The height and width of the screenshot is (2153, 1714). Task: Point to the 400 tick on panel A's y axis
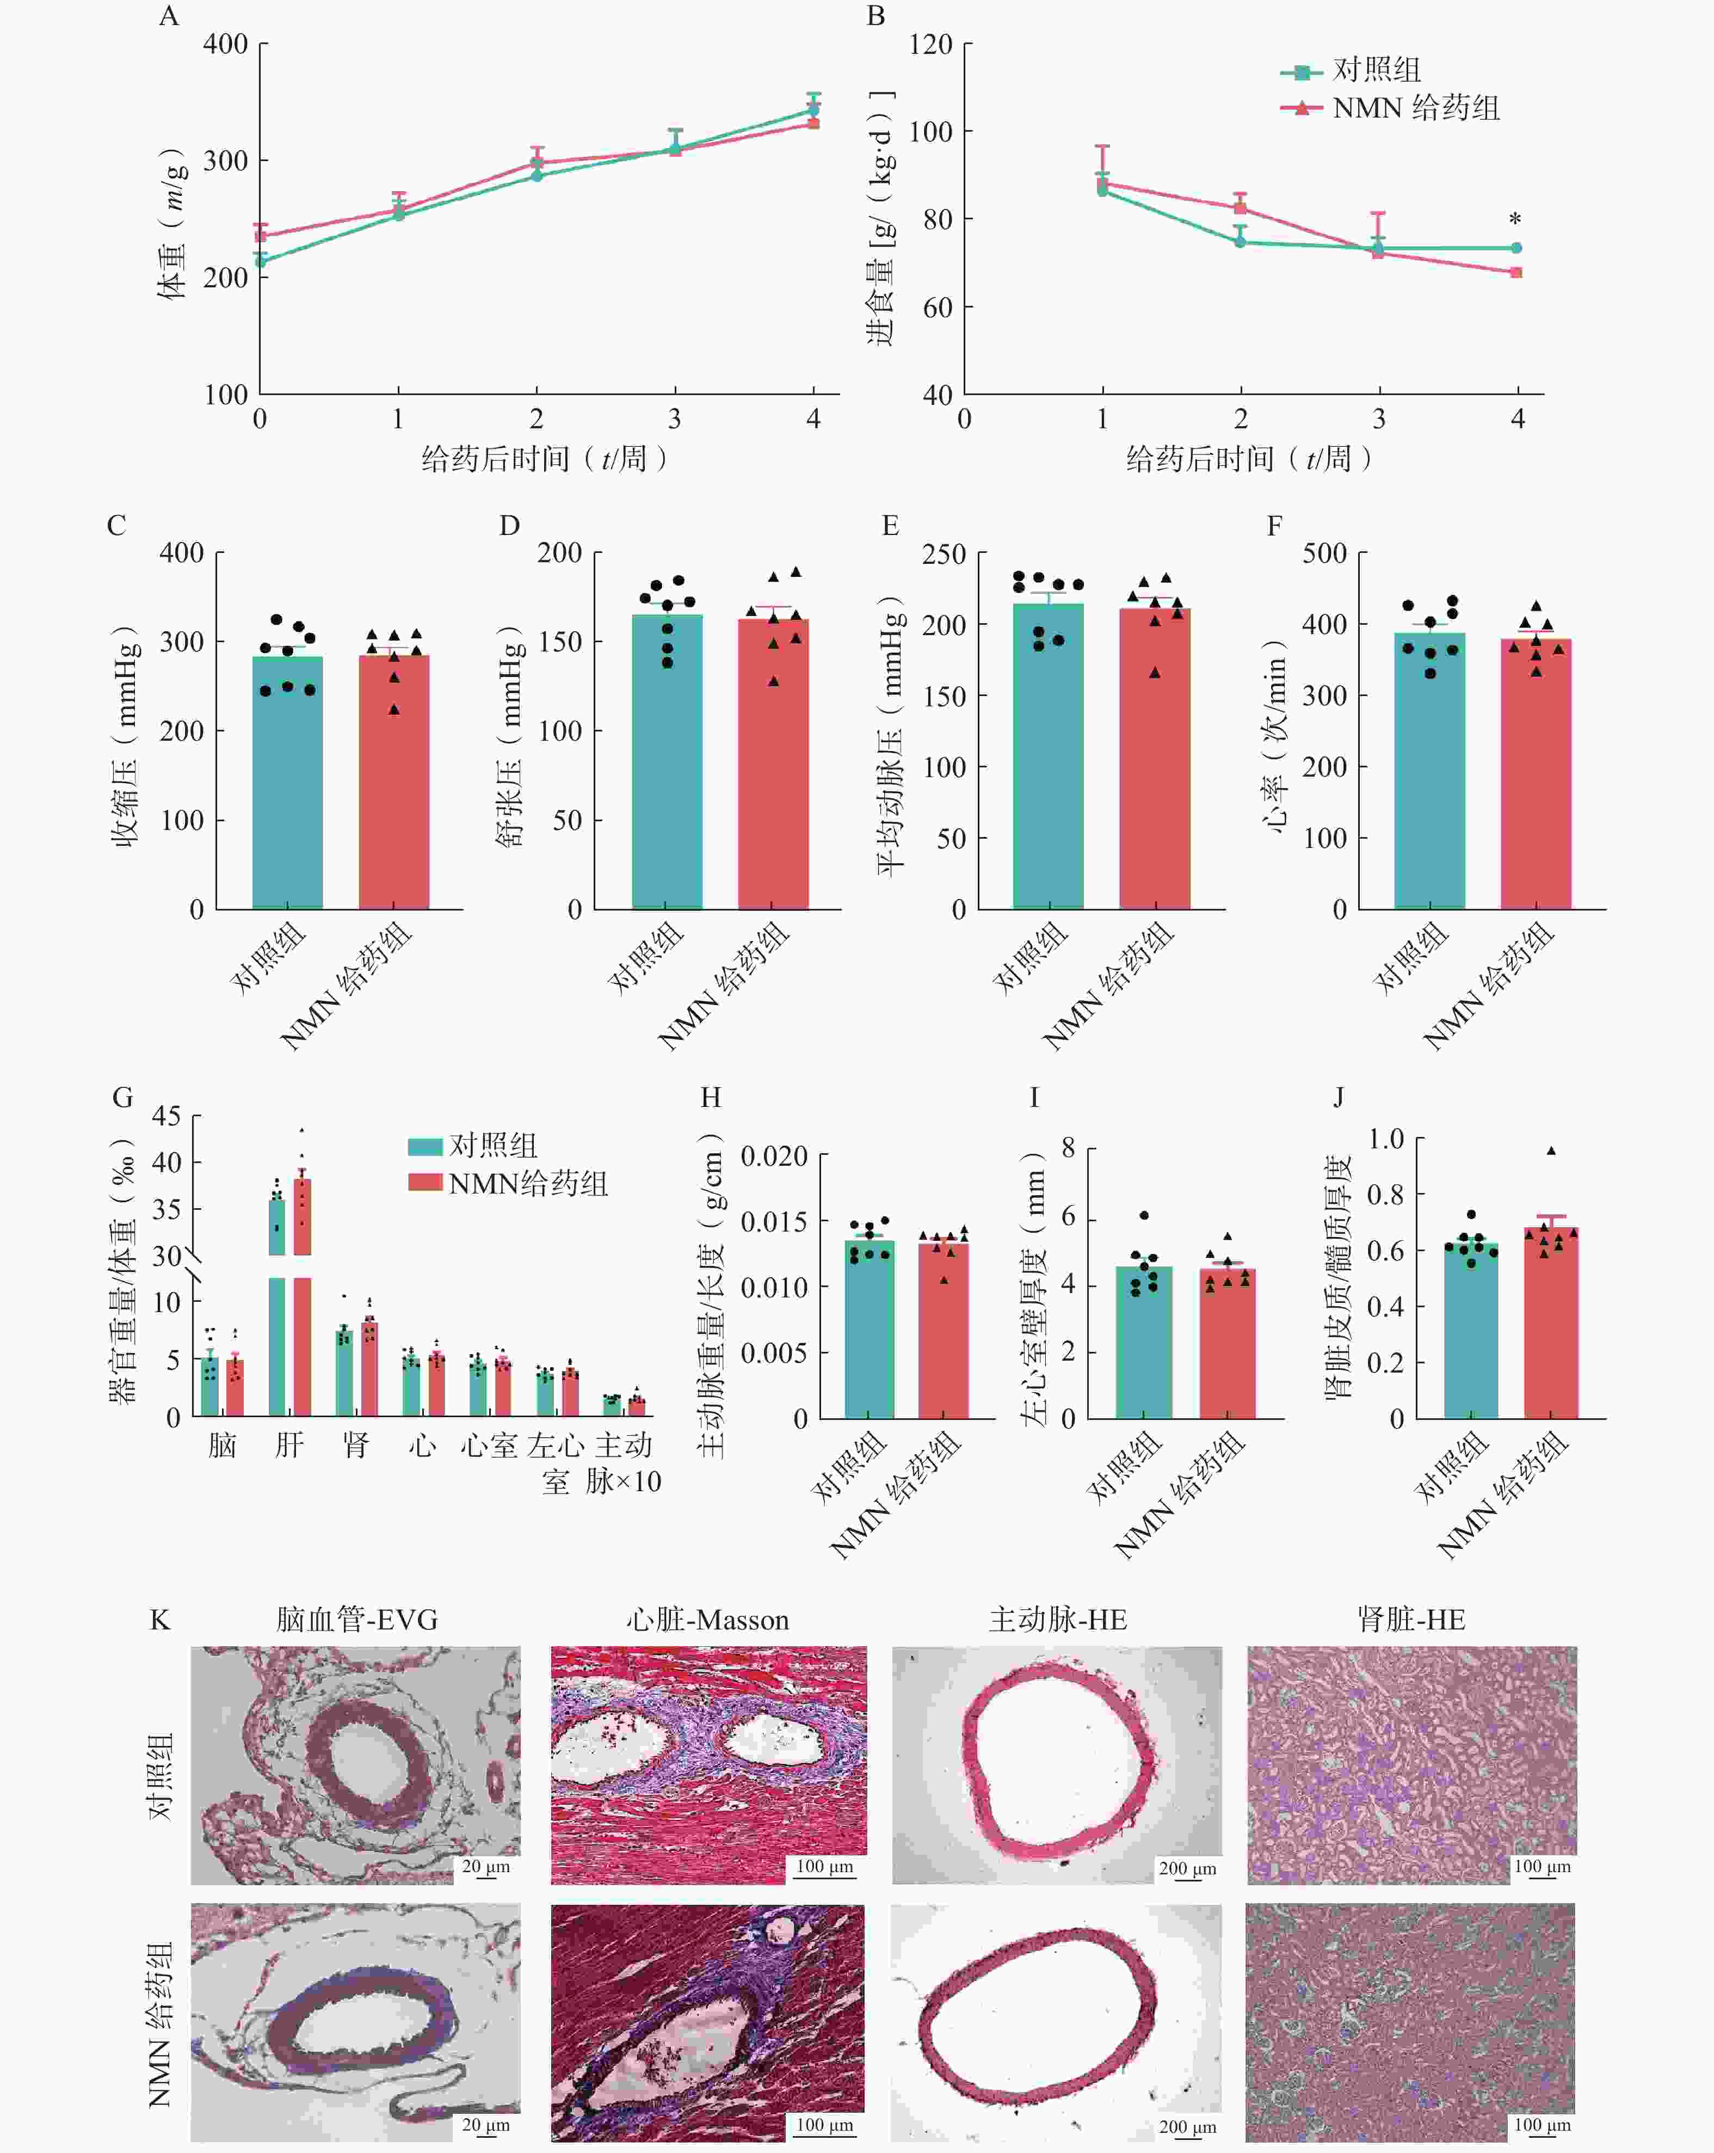(x=226, y=44)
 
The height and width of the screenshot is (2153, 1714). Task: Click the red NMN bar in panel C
(x=394, y=789)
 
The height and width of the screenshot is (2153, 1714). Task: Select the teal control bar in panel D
(x=667, y=769)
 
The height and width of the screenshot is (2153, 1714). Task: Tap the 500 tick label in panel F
(x=1324, y=553)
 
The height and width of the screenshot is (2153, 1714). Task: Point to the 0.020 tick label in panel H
(x=774, y=1157)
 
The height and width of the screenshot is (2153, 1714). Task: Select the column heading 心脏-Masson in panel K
(x=708, y=1620)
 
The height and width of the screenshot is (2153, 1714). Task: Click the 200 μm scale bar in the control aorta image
(x=1187, y=1869)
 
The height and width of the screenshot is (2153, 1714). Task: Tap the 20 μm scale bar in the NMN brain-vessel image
(x=485, y=2126)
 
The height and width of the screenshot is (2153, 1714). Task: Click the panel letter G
(x=123, y=1098)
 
